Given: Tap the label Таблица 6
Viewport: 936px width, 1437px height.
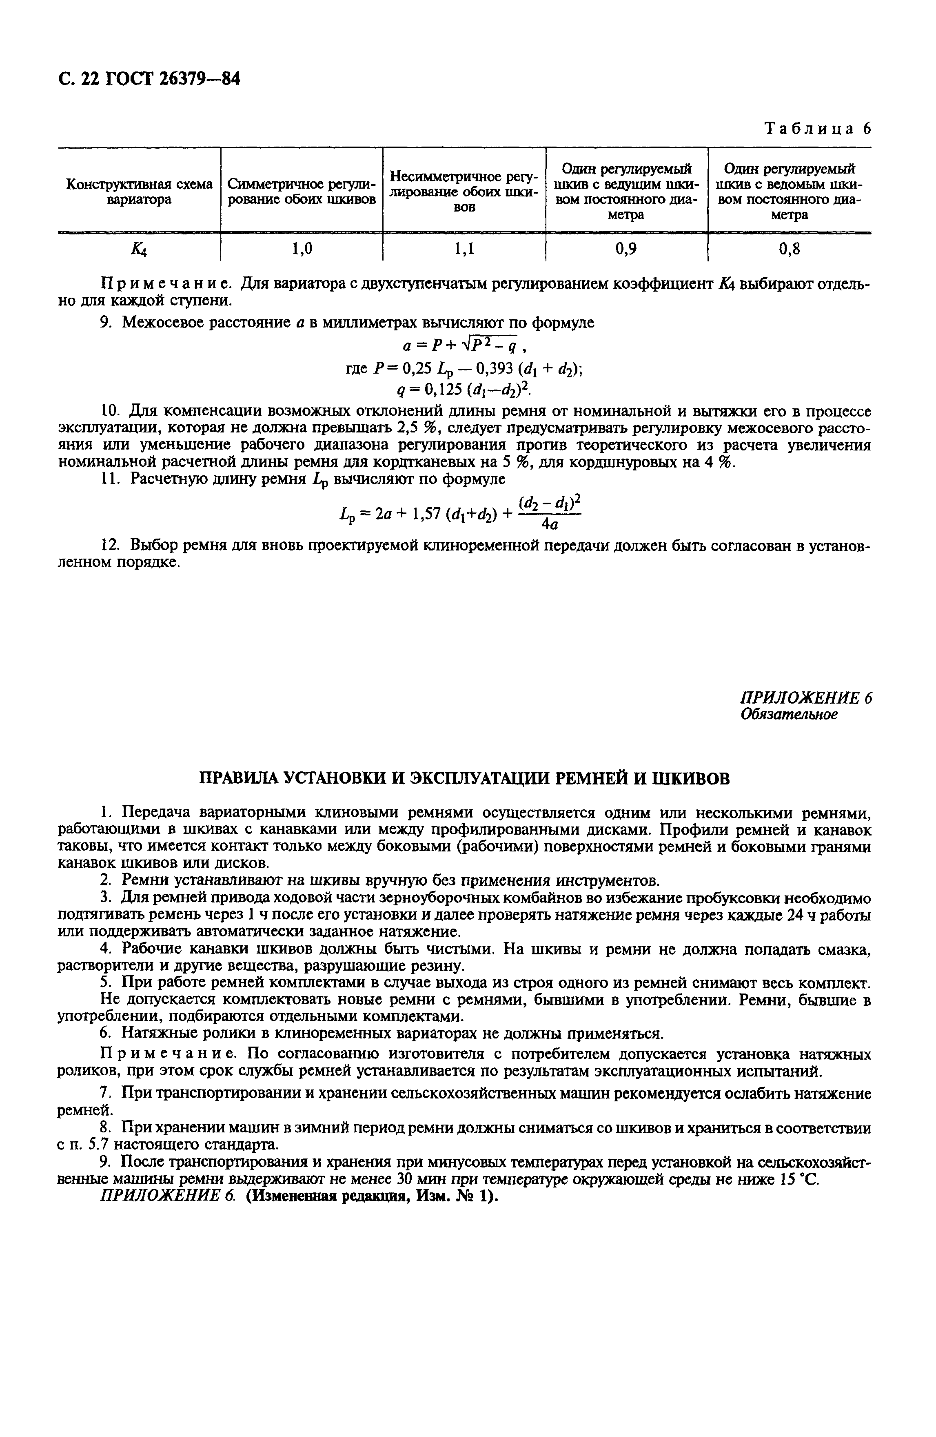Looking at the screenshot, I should [x=817, y=129].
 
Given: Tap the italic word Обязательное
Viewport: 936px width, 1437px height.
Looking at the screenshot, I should [x=788, y=714].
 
